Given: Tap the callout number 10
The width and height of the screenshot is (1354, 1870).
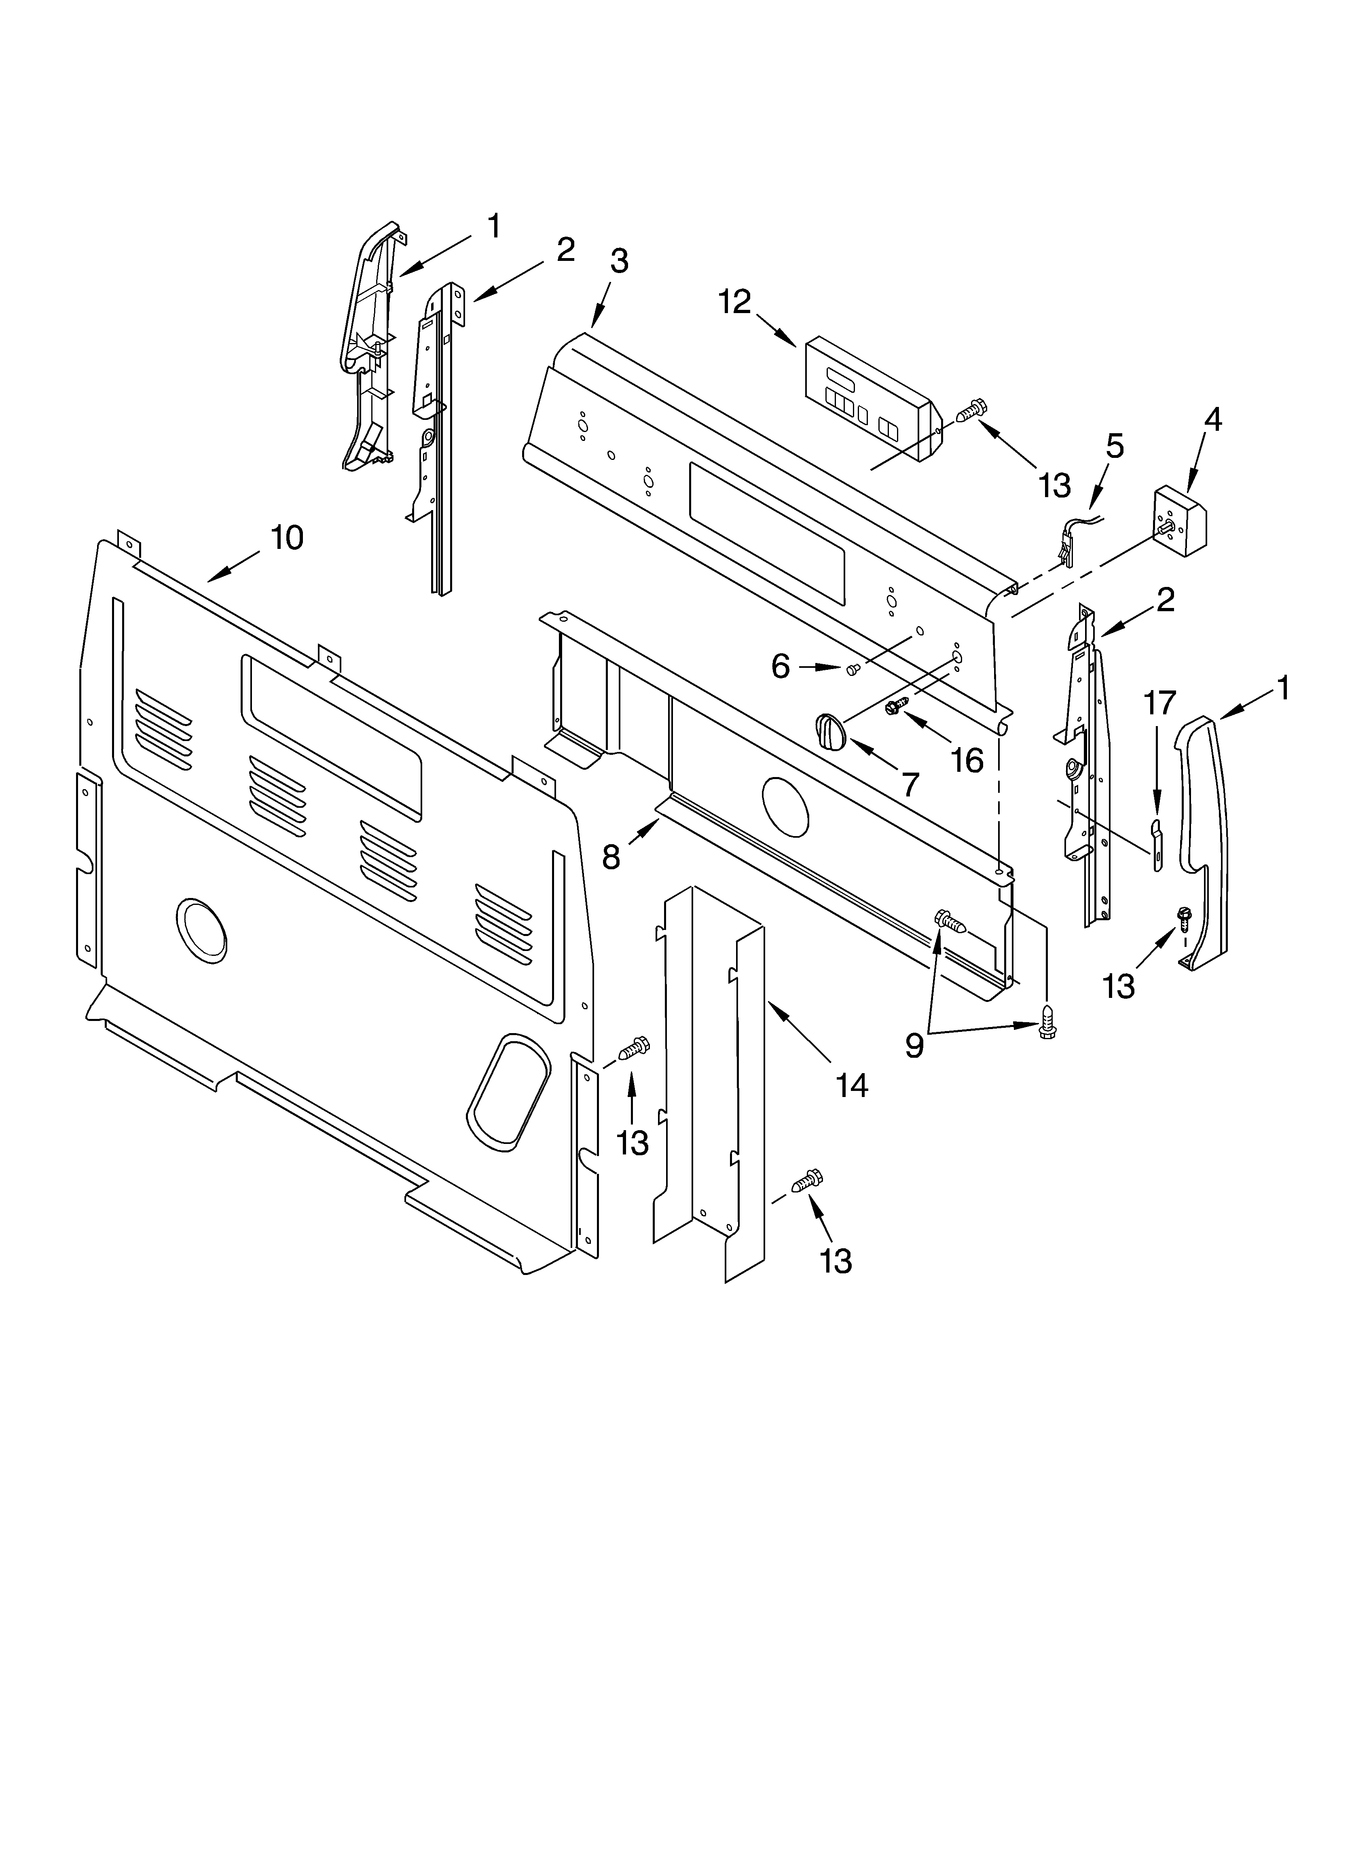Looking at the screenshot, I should coord(287,538).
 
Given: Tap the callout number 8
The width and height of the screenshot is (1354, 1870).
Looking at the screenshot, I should coord(610,858).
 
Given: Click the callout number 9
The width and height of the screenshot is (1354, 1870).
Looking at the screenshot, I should coord(914,1046).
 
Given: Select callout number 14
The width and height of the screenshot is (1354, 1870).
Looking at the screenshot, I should coord(852,1086).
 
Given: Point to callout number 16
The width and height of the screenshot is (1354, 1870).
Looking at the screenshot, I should coord(967,759).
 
